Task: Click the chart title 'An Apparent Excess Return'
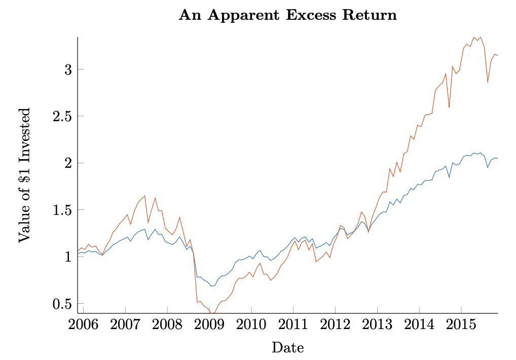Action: click(x=287, y=15)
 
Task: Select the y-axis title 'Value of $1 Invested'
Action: click(x=24, y=175)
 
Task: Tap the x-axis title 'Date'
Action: click(x=287, y=348)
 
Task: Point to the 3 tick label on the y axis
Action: click(x=67, y=69)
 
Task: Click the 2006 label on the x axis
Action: click(x=83, y=325)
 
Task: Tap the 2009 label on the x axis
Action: click(x=209, y=325)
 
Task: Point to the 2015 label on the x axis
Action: click(x=461, y=325)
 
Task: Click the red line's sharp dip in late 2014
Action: click(x=449, y=107)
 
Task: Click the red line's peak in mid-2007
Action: click(x=144, y=196)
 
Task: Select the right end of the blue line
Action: click(x=498, y=159)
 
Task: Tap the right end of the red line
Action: click(x=498, y=55)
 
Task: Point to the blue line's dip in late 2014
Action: click(x=449, y=177)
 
